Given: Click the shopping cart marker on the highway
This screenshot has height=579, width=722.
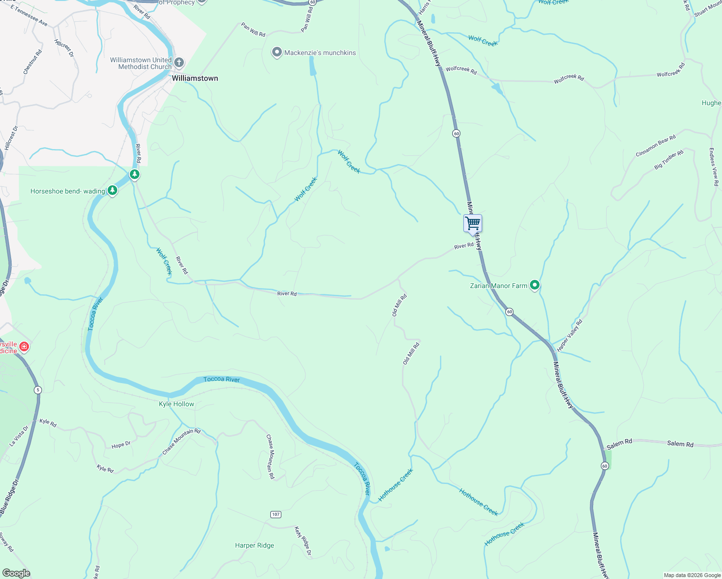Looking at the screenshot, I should coord(472,224).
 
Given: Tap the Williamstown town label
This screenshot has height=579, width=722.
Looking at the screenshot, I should coord(195,78).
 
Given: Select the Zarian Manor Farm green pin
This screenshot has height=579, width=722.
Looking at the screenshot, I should coord(534,286).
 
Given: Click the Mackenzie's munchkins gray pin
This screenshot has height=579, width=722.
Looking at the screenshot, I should coord(277,53).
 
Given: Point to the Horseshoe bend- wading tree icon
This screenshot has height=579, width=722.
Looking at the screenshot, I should coord(112,191).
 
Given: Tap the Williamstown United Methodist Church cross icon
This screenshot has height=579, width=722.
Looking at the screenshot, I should coord(179,63).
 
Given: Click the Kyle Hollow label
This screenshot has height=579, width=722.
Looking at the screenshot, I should coord(177,404).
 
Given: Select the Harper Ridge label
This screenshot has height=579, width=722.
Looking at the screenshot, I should coord(254,545).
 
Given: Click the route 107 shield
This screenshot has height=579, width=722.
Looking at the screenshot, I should coord(276,514).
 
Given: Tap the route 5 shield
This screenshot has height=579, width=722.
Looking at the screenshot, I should coord(38,390).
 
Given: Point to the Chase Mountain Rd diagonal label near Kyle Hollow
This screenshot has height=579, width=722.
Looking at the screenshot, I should coord(181,441).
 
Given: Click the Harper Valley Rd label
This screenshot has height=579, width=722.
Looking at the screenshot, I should coord(570,335).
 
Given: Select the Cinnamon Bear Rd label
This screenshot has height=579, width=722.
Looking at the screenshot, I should coord(655,146).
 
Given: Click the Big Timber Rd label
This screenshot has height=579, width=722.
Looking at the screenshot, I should coord(669,160).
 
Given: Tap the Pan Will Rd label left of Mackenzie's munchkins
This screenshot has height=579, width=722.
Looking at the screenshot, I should coord(253,30).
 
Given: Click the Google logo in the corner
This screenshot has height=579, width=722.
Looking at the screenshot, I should coord(16,573).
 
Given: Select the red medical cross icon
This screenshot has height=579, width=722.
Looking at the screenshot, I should coord(24,347).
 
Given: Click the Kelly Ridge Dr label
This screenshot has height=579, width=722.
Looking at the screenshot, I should coord(303,541).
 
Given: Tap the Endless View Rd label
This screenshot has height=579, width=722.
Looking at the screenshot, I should coord(714,167).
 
